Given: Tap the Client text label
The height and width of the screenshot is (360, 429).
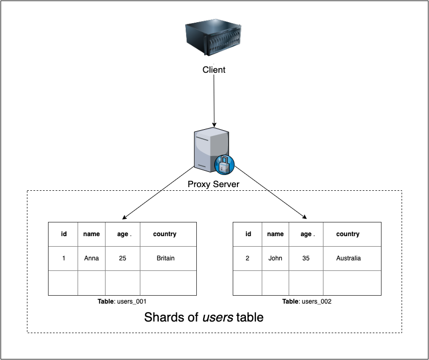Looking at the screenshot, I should click(214, 70).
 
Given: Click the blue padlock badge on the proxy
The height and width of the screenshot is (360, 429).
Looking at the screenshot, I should click(224, 165).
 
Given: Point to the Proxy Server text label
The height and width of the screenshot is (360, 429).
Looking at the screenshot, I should click(214, 184).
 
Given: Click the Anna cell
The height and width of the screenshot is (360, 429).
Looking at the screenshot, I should click(91, 258).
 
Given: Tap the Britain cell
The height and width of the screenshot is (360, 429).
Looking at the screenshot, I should click(166, 258).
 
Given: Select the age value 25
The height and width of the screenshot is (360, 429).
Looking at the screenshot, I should click(122, 258).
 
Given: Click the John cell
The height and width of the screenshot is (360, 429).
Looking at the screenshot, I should click(275, 258).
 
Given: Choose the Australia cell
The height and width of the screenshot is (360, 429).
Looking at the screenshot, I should click(348, 258).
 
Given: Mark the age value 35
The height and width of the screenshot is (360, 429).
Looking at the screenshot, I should click(306, 258).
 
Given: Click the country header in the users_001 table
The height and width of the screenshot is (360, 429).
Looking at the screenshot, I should click(165, 234).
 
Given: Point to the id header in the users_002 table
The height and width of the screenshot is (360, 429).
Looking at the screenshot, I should click(248, 234).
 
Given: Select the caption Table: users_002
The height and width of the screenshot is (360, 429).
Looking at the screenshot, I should click(307, 301).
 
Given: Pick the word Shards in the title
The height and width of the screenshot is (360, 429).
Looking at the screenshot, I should click(162, 317).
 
